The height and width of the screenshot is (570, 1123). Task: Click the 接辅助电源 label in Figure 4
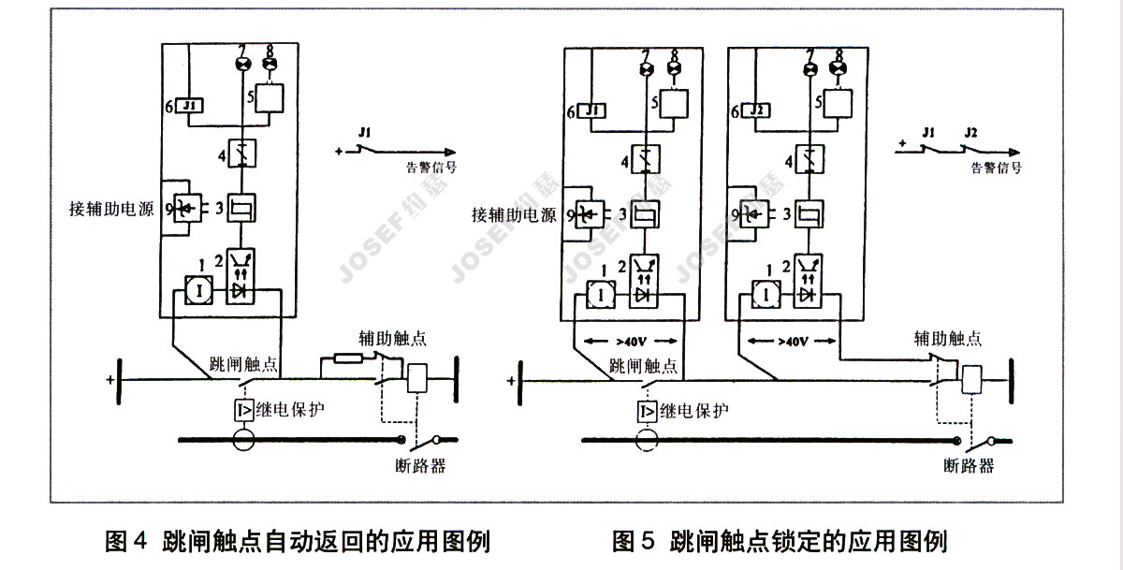tap(113, 207)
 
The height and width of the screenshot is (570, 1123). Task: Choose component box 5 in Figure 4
tap(270, 97)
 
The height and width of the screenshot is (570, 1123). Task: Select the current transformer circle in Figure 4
tap(243, 438)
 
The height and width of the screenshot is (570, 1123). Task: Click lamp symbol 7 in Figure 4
tap(243, 64)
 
